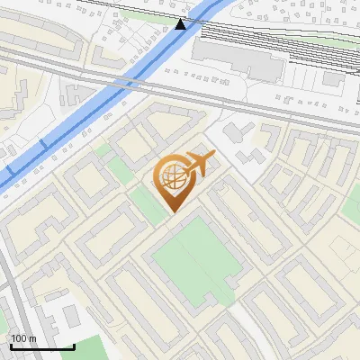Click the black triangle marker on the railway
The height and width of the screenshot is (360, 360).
tap(181, 23)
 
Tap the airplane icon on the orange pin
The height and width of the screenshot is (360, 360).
tap(200, 165)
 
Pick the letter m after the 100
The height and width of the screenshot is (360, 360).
tap(32, 338)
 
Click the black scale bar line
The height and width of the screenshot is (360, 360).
tap(41, 346)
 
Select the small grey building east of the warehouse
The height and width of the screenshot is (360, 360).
tap(334, 78)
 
